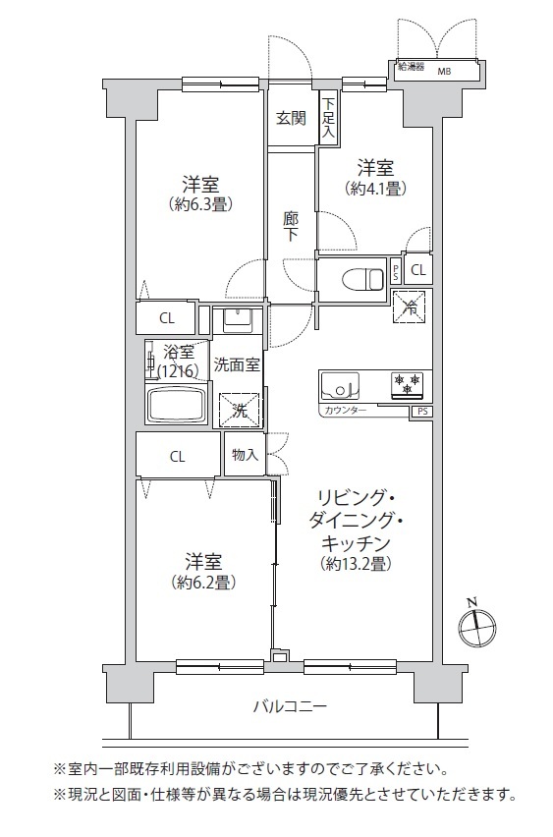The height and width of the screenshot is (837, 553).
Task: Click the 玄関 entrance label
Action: [291, 119]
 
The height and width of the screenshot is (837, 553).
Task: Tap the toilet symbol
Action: [363, 278]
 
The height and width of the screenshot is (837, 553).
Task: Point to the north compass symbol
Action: [477, 626]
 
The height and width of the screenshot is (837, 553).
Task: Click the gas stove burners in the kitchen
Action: [408, 384]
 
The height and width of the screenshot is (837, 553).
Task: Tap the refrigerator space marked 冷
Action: [410, 307]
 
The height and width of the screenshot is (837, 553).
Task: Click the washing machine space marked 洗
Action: [240, 411]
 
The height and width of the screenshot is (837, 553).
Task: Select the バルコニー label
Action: [290, 707]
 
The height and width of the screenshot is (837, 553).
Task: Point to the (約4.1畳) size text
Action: [376, 189]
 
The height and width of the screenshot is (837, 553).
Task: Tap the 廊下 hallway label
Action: [291, 226]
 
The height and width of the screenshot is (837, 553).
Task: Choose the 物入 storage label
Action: [245, 455]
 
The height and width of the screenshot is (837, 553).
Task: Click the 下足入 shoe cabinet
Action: [328, 118]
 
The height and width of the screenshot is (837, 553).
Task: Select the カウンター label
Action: [346, 411]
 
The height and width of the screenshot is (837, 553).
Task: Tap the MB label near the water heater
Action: [444, 71]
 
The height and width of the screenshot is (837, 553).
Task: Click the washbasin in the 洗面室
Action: [237, 318]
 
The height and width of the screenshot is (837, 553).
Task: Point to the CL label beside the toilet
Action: [418, 270]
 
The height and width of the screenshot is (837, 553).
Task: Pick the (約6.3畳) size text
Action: [200, 204]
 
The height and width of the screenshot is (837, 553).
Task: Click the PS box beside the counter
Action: [421, 412]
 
